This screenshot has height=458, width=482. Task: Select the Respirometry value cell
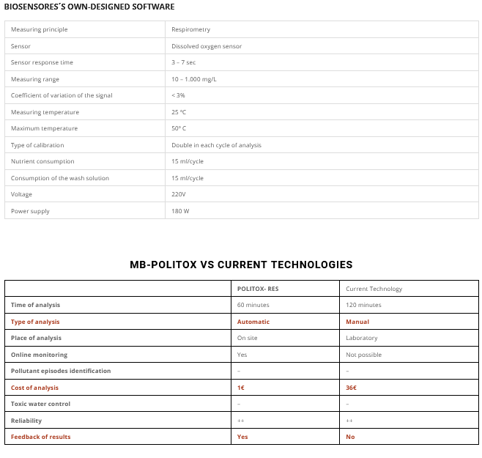click(190, 29)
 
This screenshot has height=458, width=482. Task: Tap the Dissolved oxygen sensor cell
click(207, 46)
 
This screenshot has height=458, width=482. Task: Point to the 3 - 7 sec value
click(184, 62)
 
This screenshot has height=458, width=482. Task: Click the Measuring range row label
click(35, 79)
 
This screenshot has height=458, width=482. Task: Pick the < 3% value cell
click(178, 95)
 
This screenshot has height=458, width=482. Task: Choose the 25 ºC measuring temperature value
click(179, 112)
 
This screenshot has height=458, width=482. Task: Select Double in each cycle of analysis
click(216, 145)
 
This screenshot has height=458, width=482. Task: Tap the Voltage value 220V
click(179, 194)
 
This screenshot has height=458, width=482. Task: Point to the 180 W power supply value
click(180, 211)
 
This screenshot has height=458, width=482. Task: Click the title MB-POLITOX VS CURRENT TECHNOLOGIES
click(241, 265)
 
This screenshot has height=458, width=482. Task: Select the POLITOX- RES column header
click(258, 289)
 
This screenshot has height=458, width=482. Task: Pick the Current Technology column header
click(374, 289)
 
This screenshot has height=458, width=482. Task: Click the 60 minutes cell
click(253, 305)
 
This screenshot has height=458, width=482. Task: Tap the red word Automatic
click(253, 322)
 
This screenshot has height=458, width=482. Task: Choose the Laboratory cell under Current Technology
click(361, 338)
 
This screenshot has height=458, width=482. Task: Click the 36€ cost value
click(352, 387)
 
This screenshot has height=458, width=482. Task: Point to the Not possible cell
click(363, 355)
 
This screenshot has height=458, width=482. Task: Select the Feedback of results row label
click(40, 437)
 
